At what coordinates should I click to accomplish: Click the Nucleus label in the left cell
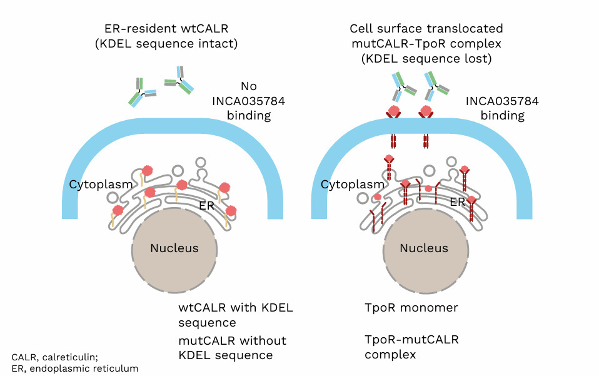174,248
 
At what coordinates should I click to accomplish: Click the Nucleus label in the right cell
424,248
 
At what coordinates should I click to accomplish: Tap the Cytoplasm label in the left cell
101,185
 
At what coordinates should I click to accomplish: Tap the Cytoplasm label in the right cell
352,185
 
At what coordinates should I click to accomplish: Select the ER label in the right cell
457,202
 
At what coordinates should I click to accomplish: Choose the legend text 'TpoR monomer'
411,308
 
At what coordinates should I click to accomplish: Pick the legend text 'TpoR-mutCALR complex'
411,347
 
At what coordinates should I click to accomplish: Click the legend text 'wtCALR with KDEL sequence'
235,315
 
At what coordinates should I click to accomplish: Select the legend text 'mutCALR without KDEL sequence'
232,348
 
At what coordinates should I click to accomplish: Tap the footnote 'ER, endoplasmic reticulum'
74,368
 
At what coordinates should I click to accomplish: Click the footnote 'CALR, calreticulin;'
54,357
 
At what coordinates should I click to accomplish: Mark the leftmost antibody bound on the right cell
402,86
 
